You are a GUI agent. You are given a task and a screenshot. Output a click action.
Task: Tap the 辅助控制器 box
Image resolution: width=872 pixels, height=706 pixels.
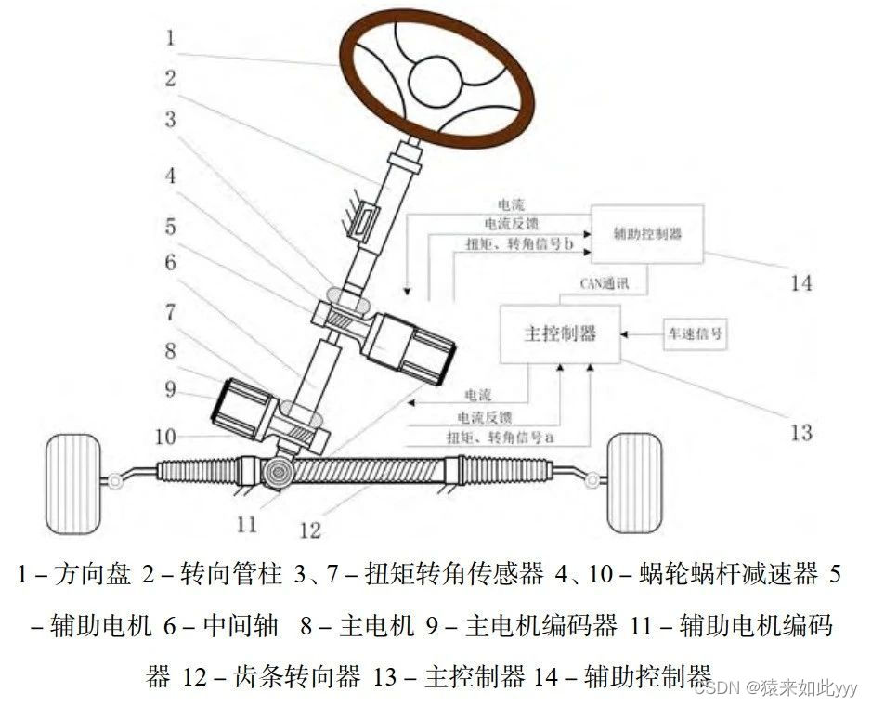647,233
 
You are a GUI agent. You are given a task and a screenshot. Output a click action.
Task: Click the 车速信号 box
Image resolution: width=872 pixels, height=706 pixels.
691,333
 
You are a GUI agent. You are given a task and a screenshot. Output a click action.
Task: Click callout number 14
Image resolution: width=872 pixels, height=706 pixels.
800,281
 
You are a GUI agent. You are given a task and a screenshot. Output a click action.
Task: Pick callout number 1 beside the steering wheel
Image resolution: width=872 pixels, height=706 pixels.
170,38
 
